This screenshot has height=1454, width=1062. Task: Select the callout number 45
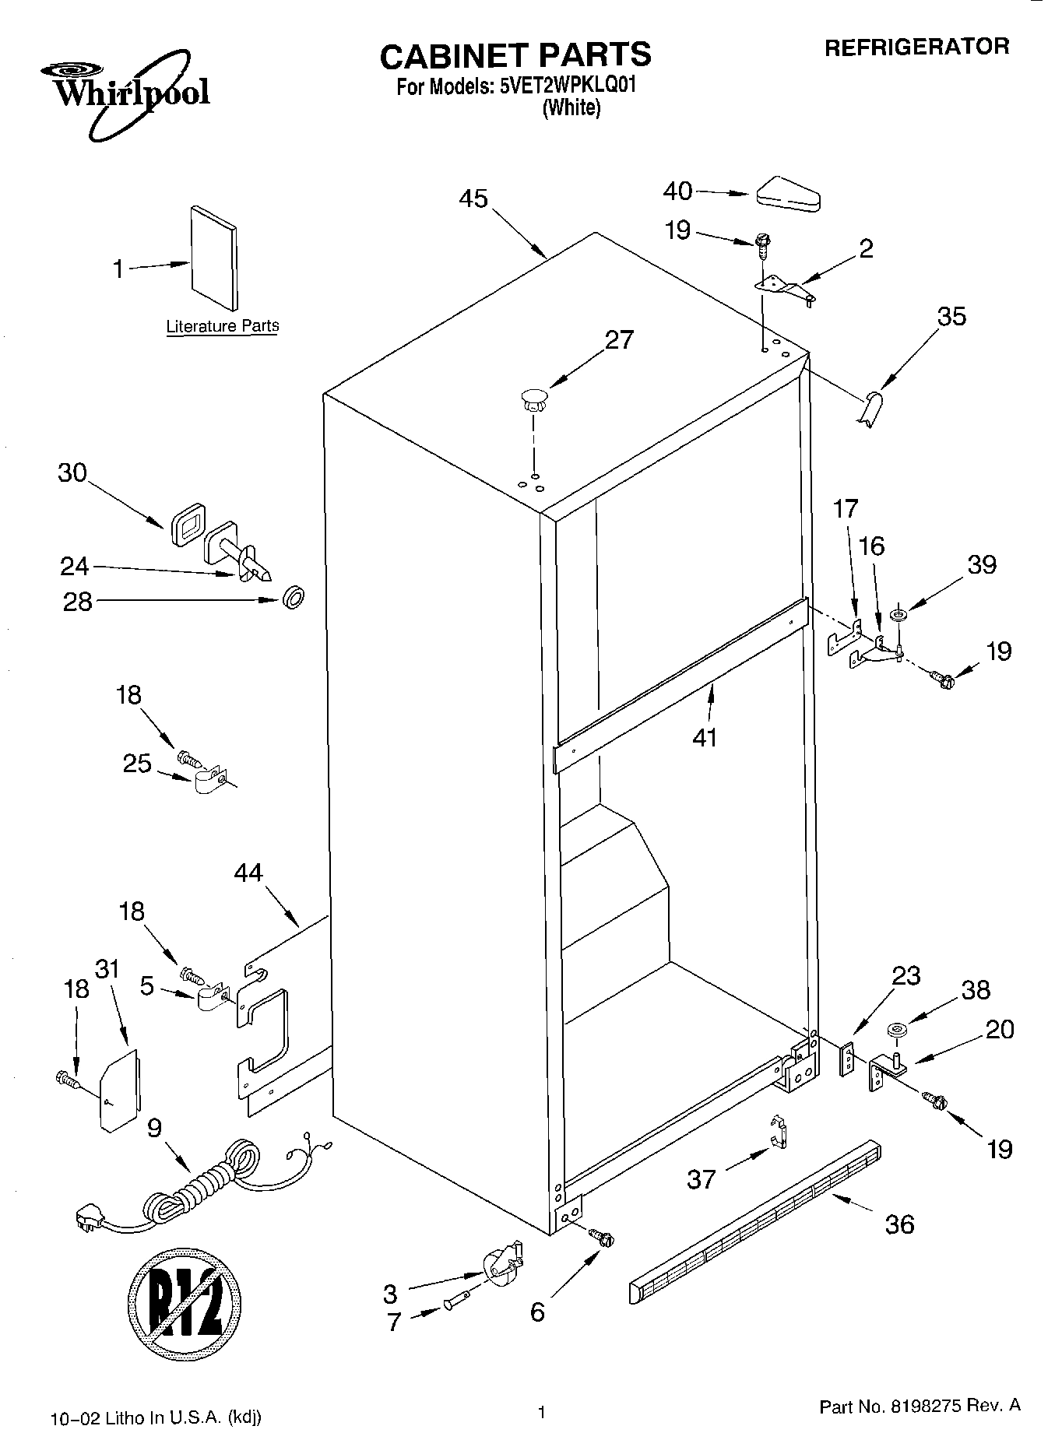[x=473, y=199]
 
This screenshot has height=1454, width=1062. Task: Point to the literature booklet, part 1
[x=213, y=258]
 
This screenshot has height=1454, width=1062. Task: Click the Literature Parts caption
[x=222, y=326]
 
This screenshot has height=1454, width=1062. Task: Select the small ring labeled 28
[x=293, y=599]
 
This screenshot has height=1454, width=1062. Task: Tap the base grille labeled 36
[x=755, y=1222]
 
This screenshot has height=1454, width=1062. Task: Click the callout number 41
[x=705, y=736]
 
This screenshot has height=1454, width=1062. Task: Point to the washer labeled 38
[x=897, y=1031]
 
